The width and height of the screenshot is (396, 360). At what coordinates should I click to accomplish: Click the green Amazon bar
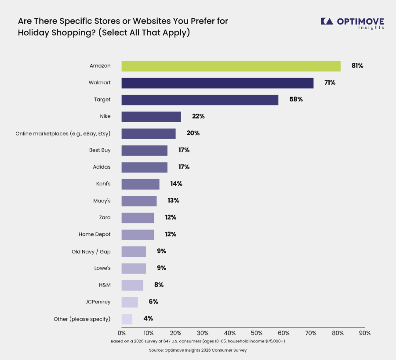pos(231,66)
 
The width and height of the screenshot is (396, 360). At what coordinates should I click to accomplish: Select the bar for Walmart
pos(218,83)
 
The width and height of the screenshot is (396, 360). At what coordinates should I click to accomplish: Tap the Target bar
pos(200,100)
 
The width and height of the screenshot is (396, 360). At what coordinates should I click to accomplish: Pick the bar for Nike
pos(151,117)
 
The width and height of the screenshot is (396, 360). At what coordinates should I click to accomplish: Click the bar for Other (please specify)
pos(127,319)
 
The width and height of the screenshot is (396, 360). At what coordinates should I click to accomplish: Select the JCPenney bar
pos(130,302)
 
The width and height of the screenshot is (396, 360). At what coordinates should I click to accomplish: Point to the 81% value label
pos(357,66)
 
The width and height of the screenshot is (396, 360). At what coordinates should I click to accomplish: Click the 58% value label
pos(296,99)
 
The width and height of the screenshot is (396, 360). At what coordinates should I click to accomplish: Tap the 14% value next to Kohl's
pos(176,184)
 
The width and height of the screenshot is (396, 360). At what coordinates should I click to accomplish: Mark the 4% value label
pos(148,319)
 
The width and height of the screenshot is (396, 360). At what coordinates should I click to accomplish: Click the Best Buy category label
pos(100,150)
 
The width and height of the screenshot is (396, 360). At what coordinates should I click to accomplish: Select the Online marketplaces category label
pos(63,133)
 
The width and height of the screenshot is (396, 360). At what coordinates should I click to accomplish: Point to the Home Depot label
pos(94,234)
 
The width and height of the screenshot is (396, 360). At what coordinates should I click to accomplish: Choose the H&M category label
pos(105,285)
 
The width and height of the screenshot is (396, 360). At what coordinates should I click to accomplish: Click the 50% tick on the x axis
pos(257,333)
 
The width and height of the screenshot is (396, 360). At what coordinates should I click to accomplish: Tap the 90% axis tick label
pos(365,333)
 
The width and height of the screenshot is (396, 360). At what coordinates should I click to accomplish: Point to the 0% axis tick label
pos(121,333)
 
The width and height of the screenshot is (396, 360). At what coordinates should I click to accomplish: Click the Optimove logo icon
pos(327,21)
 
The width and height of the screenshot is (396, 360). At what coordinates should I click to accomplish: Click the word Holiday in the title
pos(33,33)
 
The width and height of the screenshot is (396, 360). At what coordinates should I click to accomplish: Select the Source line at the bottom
pos(198,350)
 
